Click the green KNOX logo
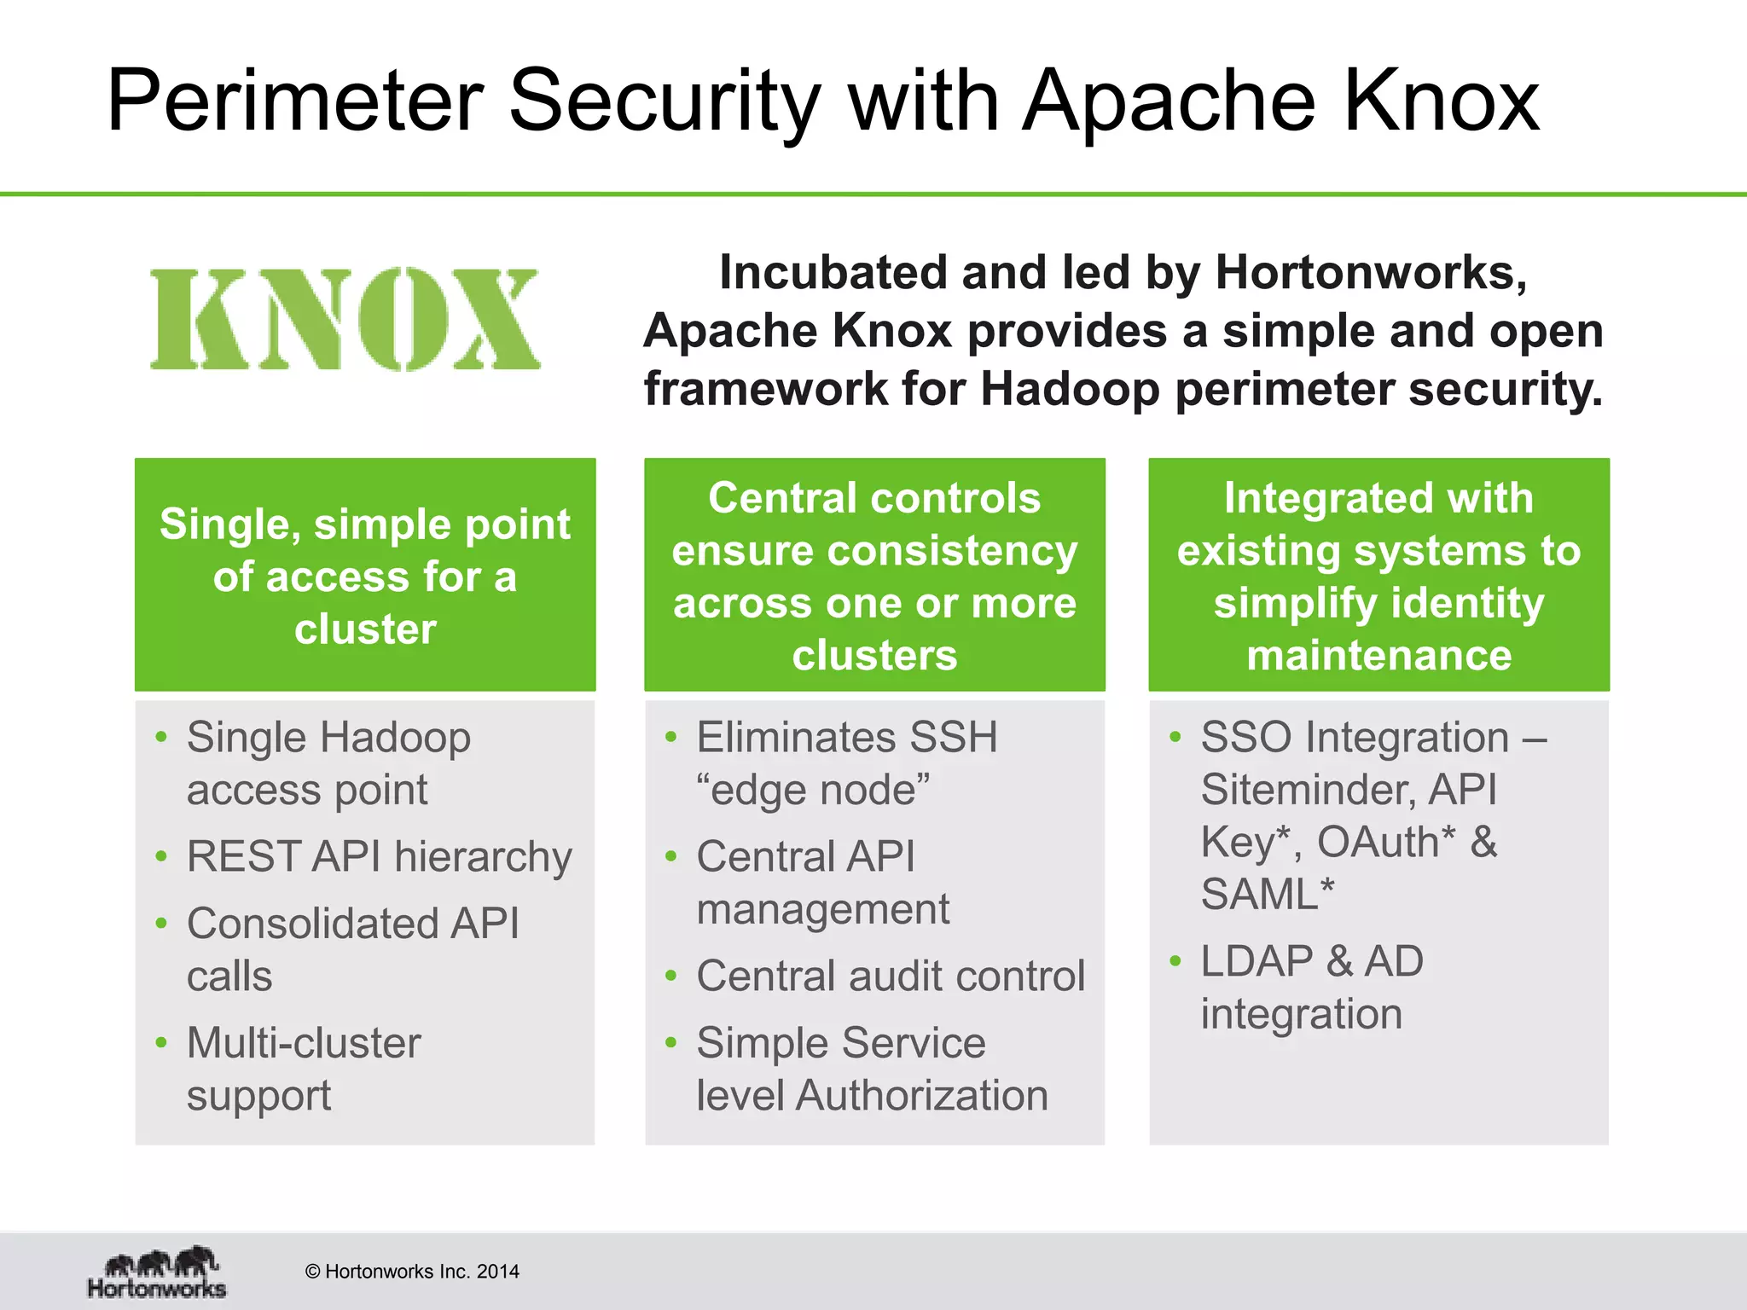pyautogui.click(x=345, y=319)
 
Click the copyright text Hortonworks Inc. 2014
pyautogui.click(x=413, y=1272)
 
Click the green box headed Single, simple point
pyautogui.click(x=365, y=575)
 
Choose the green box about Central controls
pyautogui.click(x=874, y=575)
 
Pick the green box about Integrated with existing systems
pyautogui.click(x=1378, y=575)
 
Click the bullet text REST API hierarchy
pyautogui.click(x=379, y=856)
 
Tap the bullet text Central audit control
pyautogui.click(x=891, y=976)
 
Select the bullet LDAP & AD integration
pyautogui.click(x=1312, y=988)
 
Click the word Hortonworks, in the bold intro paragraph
pyautogui.click(x=1371, y=273)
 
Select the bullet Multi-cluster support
pyautogui.click(x=304, y=1069)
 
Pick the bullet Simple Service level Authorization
pyautogui.click(x=872, y=1069)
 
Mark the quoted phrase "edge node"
pyautogui.click(x=813, y=790)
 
